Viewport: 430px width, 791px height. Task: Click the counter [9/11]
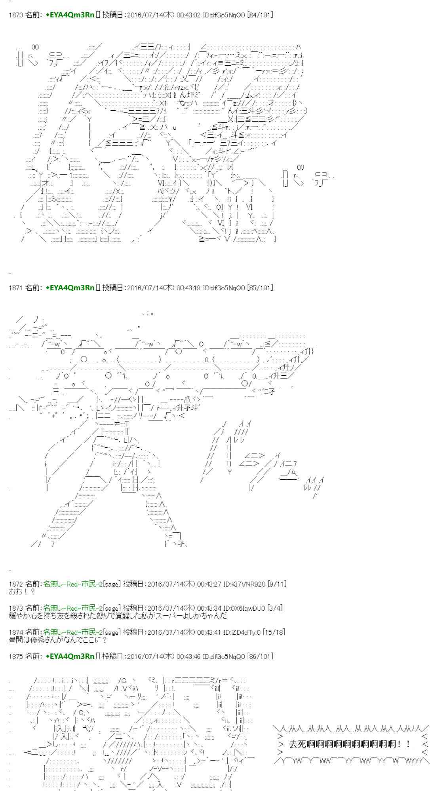tap(277, 584)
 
